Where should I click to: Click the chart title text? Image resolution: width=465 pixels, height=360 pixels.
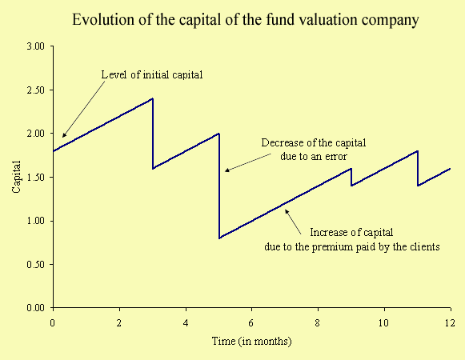246,20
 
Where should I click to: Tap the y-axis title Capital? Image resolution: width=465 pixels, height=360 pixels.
16,177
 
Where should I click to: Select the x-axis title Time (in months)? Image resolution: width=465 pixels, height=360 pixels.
252,341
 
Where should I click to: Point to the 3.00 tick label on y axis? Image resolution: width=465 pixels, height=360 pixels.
35,46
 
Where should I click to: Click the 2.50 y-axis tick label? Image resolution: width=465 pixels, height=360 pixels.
35,90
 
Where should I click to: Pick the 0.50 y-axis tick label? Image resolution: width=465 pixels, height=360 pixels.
35,264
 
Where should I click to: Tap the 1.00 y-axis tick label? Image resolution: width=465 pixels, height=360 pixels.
35,221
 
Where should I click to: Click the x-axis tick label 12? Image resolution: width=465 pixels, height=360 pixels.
450,322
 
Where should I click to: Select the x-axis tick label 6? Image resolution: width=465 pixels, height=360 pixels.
251,322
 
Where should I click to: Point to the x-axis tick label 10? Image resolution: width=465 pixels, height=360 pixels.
383,322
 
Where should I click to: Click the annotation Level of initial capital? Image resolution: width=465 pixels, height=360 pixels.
152,74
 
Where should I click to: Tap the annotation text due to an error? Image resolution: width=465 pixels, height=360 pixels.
314,156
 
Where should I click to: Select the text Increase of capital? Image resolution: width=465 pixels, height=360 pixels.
351,232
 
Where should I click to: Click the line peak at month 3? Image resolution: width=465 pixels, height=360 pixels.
152,98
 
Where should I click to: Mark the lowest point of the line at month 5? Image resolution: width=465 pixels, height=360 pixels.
219,238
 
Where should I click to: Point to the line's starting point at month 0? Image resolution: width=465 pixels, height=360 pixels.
54,151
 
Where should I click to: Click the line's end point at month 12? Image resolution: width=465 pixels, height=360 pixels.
450,169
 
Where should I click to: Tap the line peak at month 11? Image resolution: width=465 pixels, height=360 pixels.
417,151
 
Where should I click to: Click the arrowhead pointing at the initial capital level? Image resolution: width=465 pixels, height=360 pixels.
63,136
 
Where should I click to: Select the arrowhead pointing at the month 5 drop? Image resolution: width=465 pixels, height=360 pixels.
226,170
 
